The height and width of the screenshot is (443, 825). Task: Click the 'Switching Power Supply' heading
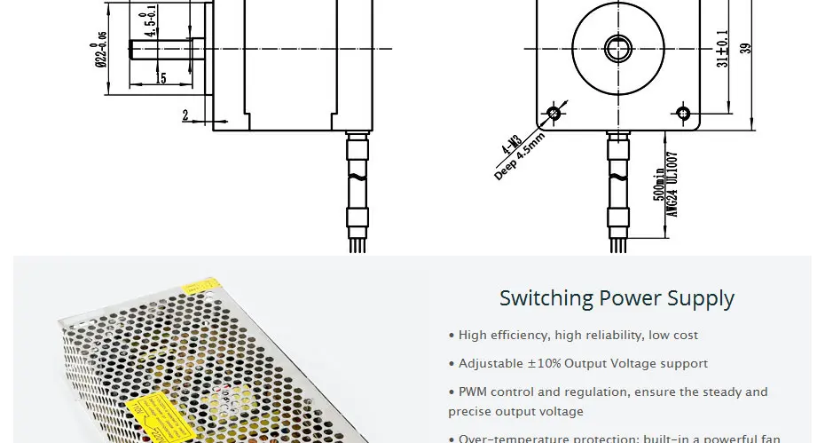click(617, 298)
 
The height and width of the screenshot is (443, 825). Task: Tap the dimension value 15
click(161, 78)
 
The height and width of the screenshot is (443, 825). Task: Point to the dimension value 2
click(185, 115)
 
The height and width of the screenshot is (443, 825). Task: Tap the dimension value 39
click(746, 48)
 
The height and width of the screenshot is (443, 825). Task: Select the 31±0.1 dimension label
click(724, 46)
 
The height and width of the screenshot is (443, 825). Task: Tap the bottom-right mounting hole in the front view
click(683, 113)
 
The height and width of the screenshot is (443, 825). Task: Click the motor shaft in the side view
click(165, 47)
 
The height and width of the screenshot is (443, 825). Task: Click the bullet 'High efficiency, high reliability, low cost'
click(573, 336)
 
